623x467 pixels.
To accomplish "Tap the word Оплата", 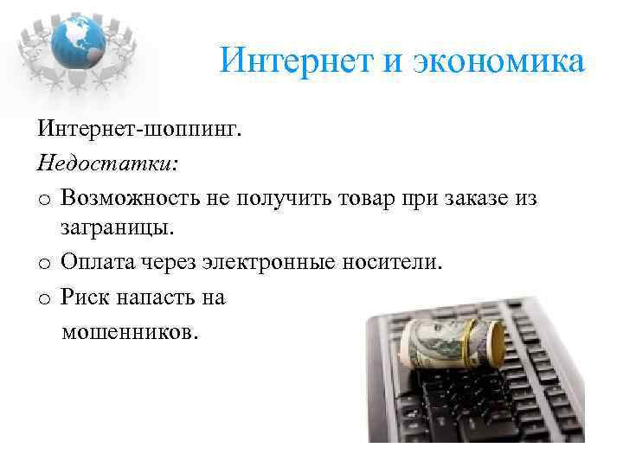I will pos(100,263).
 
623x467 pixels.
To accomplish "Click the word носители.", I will pos(399,263).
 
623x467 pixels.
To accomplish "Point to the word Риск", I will pos(86,297).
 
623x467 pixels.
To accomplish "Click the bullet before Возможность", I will pos(44,201).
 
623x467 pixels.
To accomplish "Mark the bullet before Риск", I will pos(44,298).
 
